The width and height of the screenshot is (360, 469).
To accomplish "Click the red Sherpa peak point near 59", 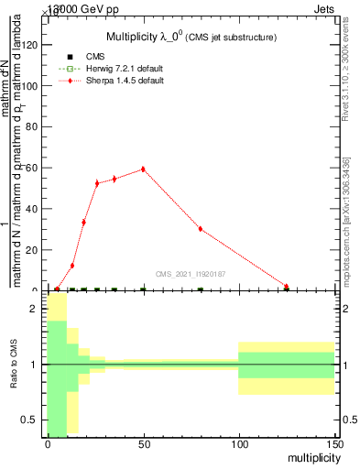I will pyautogui.click(x=143, y=169).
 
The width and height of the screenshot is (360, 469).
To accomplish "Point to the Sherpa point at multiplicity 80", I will pyautogui.click(x=201, y=229).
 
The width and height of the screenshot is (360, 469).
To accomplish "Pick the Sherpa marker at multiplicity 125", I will pyautogui.click(x=287, y=287).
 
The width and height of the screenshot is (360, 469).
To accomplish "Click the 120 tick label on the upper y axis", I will pyautogui.click(x=30, y=45).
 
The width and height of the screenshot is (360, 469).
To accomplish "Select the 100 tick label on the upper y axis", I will pyautogui.click(x=30, y=86).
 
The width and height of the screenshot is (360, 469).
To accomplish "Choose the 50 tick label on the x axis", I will pyautogui.click(x=143, y=442).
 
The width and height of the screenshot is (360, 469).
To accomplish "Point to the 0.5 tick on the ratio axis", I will pyautogui.click(x=29, y=420).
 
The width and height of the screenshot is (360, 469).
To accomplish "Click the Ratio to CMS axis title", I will pyautogui.click(x=13, y=365).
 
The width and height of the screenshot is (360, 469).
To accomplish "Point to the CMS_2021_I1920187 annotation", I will pyautogui.click(x=190, y=274).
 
